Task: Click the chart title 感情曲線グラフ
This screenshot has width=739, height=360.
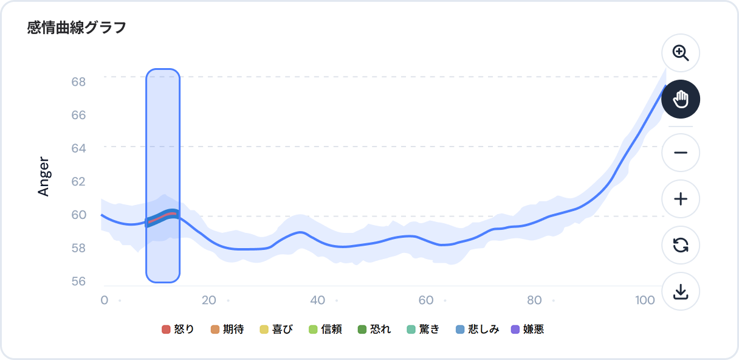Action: coord(77,27)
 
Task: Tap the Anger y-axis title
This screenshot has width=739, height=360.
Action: coord(44,176)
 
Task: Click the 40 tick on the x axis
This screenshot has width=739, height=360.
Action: coord(317,300)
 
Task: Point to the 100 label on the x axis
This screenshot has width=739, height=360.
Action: coord(644,300)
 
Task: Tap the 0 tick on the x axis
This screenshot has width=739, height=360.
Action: coord(104,300)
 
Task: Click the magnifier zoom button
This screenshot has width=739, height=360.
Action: coord(681,53)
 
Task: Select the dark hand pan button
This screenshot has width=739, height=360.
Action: coord(681,99)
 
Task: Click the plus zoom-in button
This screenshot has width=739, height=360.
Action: coord(681,199)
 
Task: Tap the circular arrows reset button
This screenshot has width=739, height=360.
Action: coord(681,246)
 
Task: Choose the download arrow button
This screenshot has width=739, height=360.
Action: coord(681,292)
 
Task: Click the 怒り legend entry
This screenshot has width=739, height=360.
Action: coord(178,330)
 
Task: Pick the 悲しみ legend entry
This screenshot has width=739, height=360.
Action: coord(477,330)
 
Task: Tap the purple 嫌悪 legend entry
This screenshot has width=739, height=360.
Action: coord(528,330)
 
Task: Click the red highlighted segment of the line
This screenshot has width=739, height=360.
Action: coord(162,217)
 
